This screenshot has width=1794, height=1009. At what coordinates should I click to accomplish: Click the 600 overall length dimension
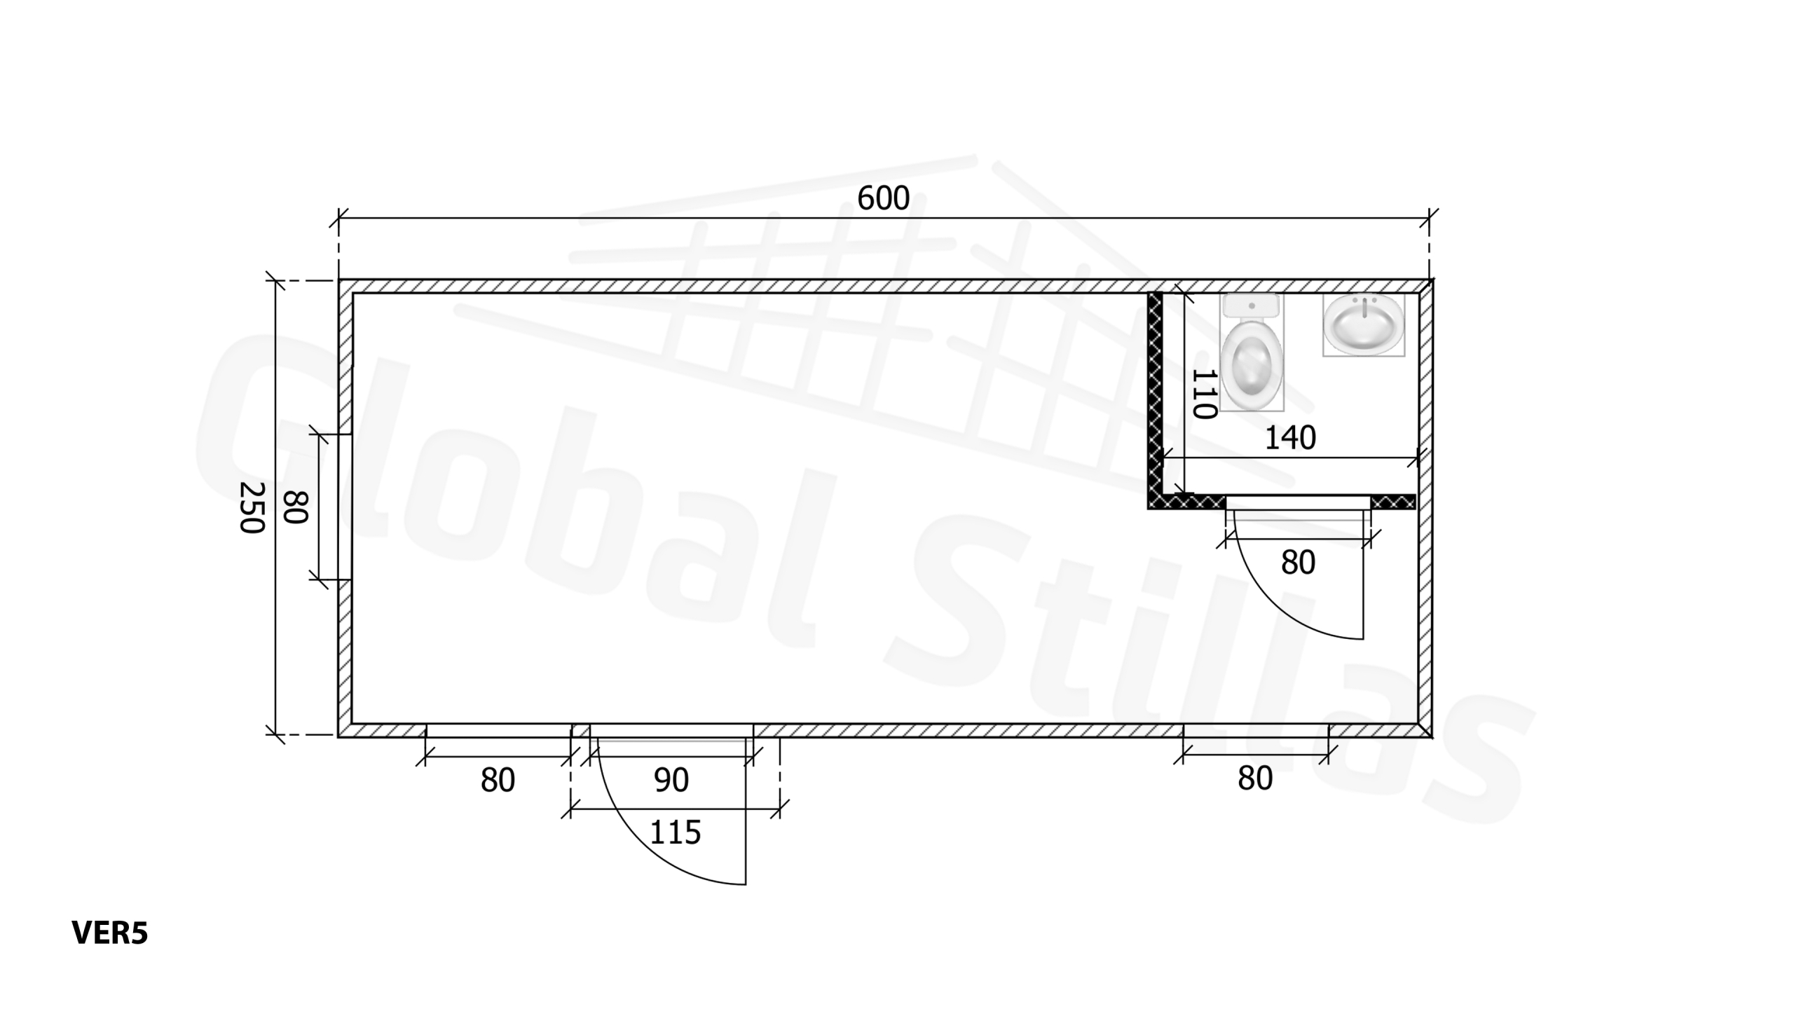(883, 199)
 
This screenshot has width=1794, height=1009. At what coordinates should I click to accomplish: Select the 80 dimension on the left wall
(296, 507)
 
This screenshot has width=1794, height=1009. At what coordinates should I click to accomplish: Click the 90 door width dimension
(671, 780)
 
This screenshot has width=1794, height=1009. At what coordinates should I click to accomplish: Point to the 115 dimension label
(676, 832)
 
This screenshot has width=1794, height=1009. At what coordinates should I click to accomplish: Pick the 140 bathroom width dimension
(1289, 439)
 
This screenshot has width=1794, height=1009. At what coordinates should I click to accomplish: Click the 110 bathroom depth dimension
(1203, 394)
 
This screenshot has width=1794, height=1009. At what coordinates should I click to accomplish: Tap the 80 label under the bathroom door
(1298, 563)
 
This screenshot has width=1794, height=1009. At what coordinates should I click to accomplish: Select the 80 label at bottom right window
(1254, 778)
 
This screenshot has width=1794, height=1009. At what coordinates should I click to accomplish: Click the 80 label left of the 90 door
(498, 780)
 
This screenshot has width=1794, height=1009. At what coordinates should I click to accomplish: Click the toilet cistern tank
(1252, 306)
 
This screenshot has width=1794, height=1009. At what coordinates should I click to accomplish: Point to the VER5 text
(110, 933)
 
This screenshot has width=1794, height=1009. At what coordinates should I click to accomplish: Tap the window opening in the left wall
(345, 507)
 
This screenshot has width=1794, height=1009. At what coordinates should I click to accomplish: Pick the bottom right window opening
(1256, 730)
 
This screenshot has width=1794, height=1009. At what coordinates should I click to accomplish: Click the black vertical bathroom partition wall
(1155, 392)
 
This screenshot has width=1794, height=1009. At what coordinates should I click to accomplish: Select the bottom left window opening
(498, 731)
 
